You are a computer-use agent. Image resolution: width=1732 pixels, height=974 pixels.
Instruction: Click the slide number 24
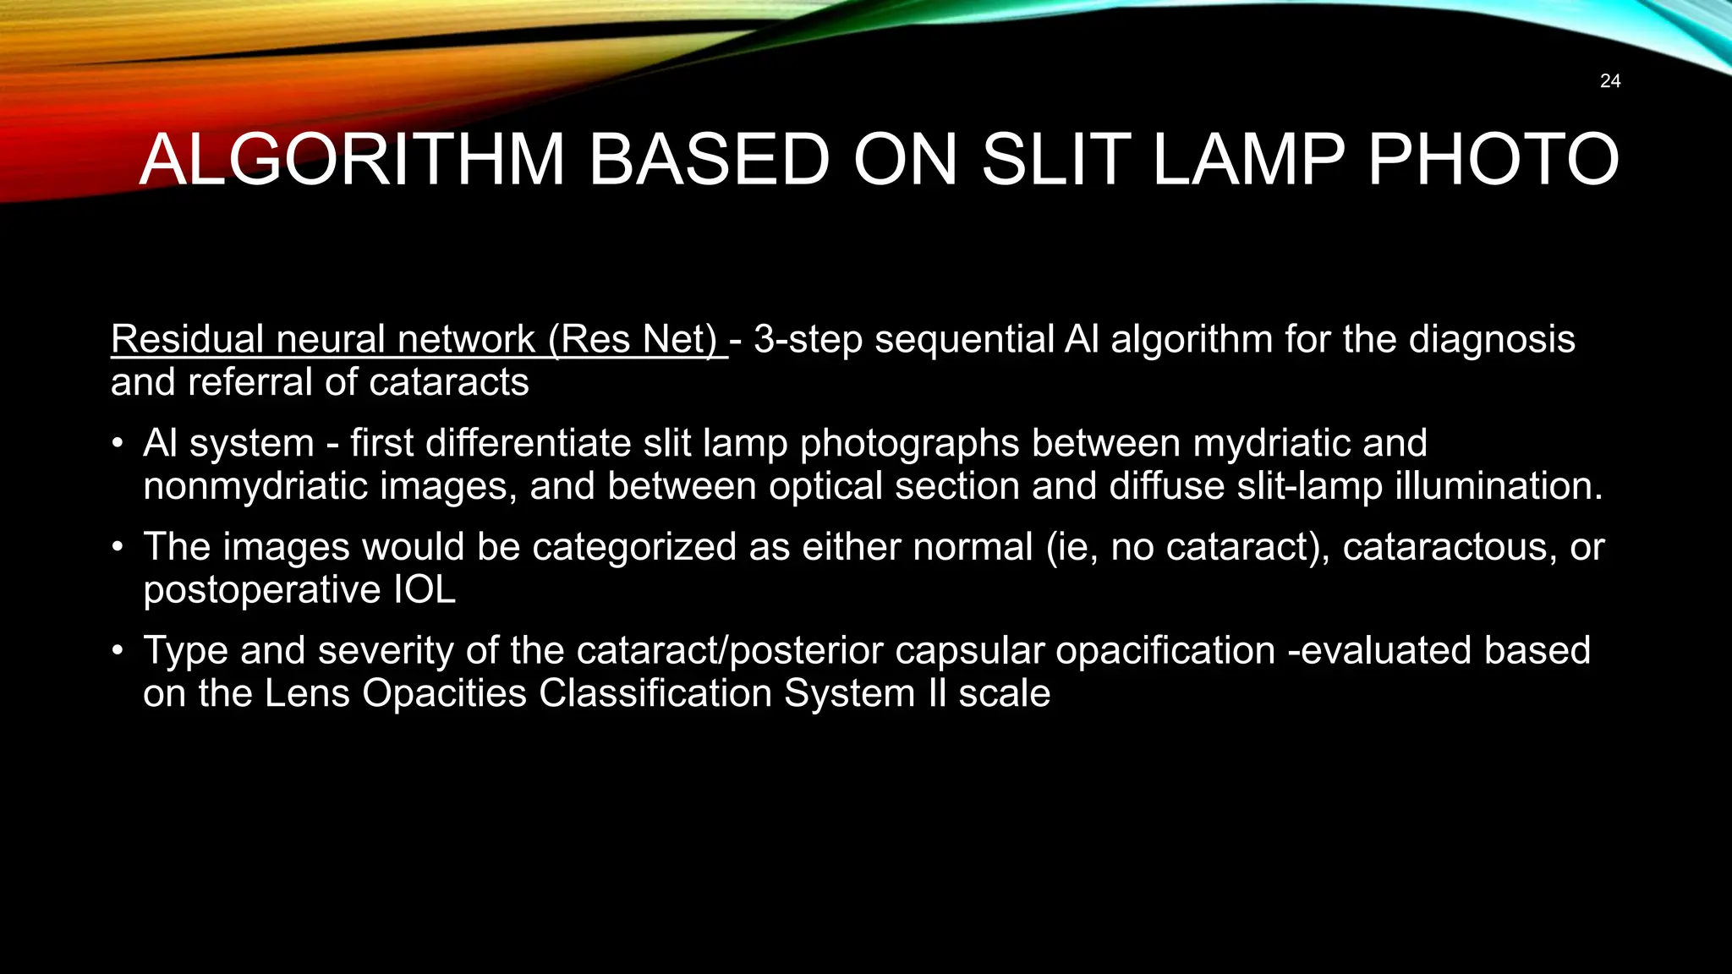pyautogui.click(x=1610, y=81)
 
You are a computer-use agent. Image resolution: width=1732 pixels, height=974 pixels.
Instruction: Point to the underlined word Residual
pyautogui.click(x=188, y=339)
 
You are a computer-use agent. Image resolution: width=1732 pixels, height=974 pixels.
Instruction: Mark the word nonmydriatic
pyautogui.click(x=255, y=486)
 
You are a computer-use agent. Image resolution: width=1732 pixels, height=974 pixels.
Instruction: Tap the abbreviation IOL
pyautogui.click(x=425, y=590)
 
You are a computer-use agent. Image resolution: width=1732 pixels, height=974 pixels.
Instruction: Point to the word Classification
pyautogui.click(x=655, y=694)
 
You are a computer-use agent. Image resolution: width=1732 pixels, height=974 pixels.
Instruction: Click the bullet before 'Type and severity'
pyautogui.click(x=119, y=651)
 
